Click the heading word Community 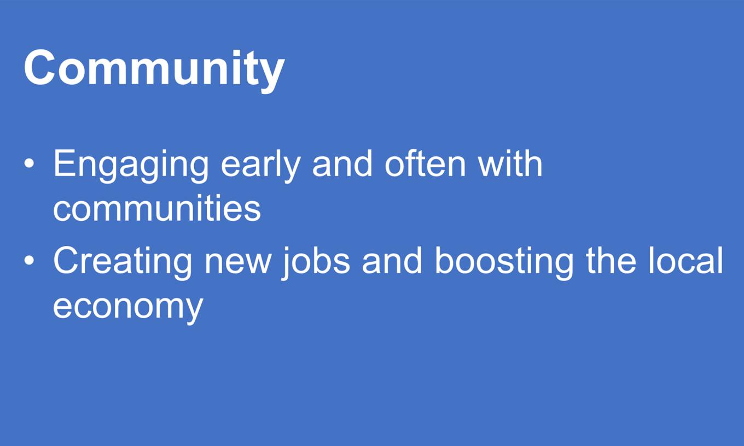point(154,70)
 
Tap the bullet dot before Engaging point(29,163)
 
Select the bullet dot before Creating point(29,261)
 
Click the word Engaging point(131,166)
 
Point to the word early point(261,166)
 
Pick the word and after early point(342,163)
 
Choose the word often point(425,163)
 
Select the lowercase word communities point(157,208)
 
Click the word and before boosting point(392,261)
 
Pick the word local point(686,261)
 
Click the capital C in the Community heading point(39,68)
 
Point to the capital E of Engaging point(64,163)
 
